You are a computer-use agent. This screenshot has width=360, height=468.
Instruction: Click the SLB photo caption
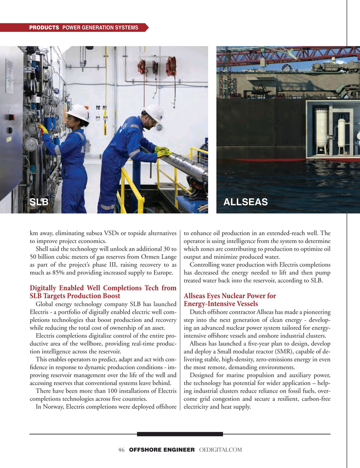39,202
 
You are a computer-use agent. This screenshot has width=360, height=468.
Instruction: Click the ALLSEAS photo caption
245,202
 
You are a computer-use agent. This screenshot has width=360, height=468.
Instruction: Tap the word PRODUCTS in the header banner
44,28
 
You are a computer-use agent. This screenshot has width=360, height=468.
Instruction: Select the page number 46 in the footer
121,450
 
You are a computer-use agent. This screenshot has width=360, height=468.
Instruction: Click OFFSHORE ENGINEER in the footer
162,450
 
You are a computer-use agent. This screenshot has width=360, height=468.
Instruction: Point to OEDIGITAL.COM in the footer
220,450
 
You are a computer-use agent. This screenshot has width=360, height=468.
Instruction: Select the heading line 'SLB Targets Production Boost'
75,296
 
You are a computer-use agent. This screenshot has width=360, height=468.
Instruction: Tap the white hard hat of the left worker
78,112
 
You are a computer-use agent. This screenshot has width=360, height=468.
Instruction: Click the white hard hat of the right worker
155,112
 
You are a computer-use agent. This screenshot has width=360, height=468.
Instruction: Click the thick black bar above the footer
180,434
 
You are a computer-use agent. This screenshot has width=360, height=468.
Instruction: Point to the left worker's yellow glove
43,129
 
